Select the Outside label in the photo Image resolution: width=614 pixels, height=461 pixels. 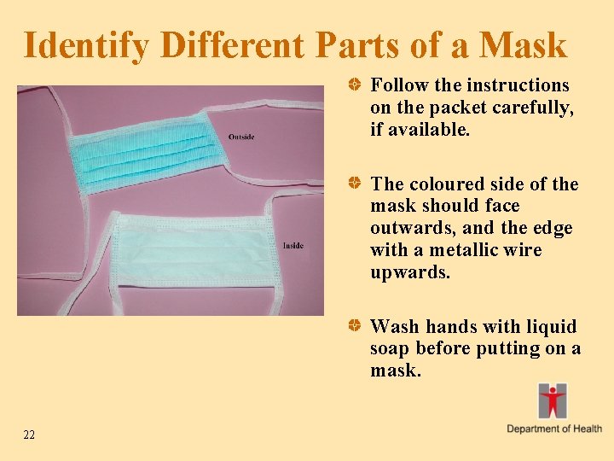[x=241, y=137]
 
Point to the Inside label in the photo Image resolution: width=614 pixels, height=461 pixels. [x=293, y=247]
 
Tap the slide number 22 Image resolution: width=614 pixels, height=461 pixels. [x=30, y=435]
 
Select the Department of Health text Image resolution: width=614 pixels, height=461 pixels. [x=554, y=429]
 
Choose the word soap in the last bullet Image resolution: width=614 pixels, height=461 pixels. [x=391, y=349]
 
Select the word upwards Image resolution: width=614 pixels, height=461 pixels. [x=410, y=272]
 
